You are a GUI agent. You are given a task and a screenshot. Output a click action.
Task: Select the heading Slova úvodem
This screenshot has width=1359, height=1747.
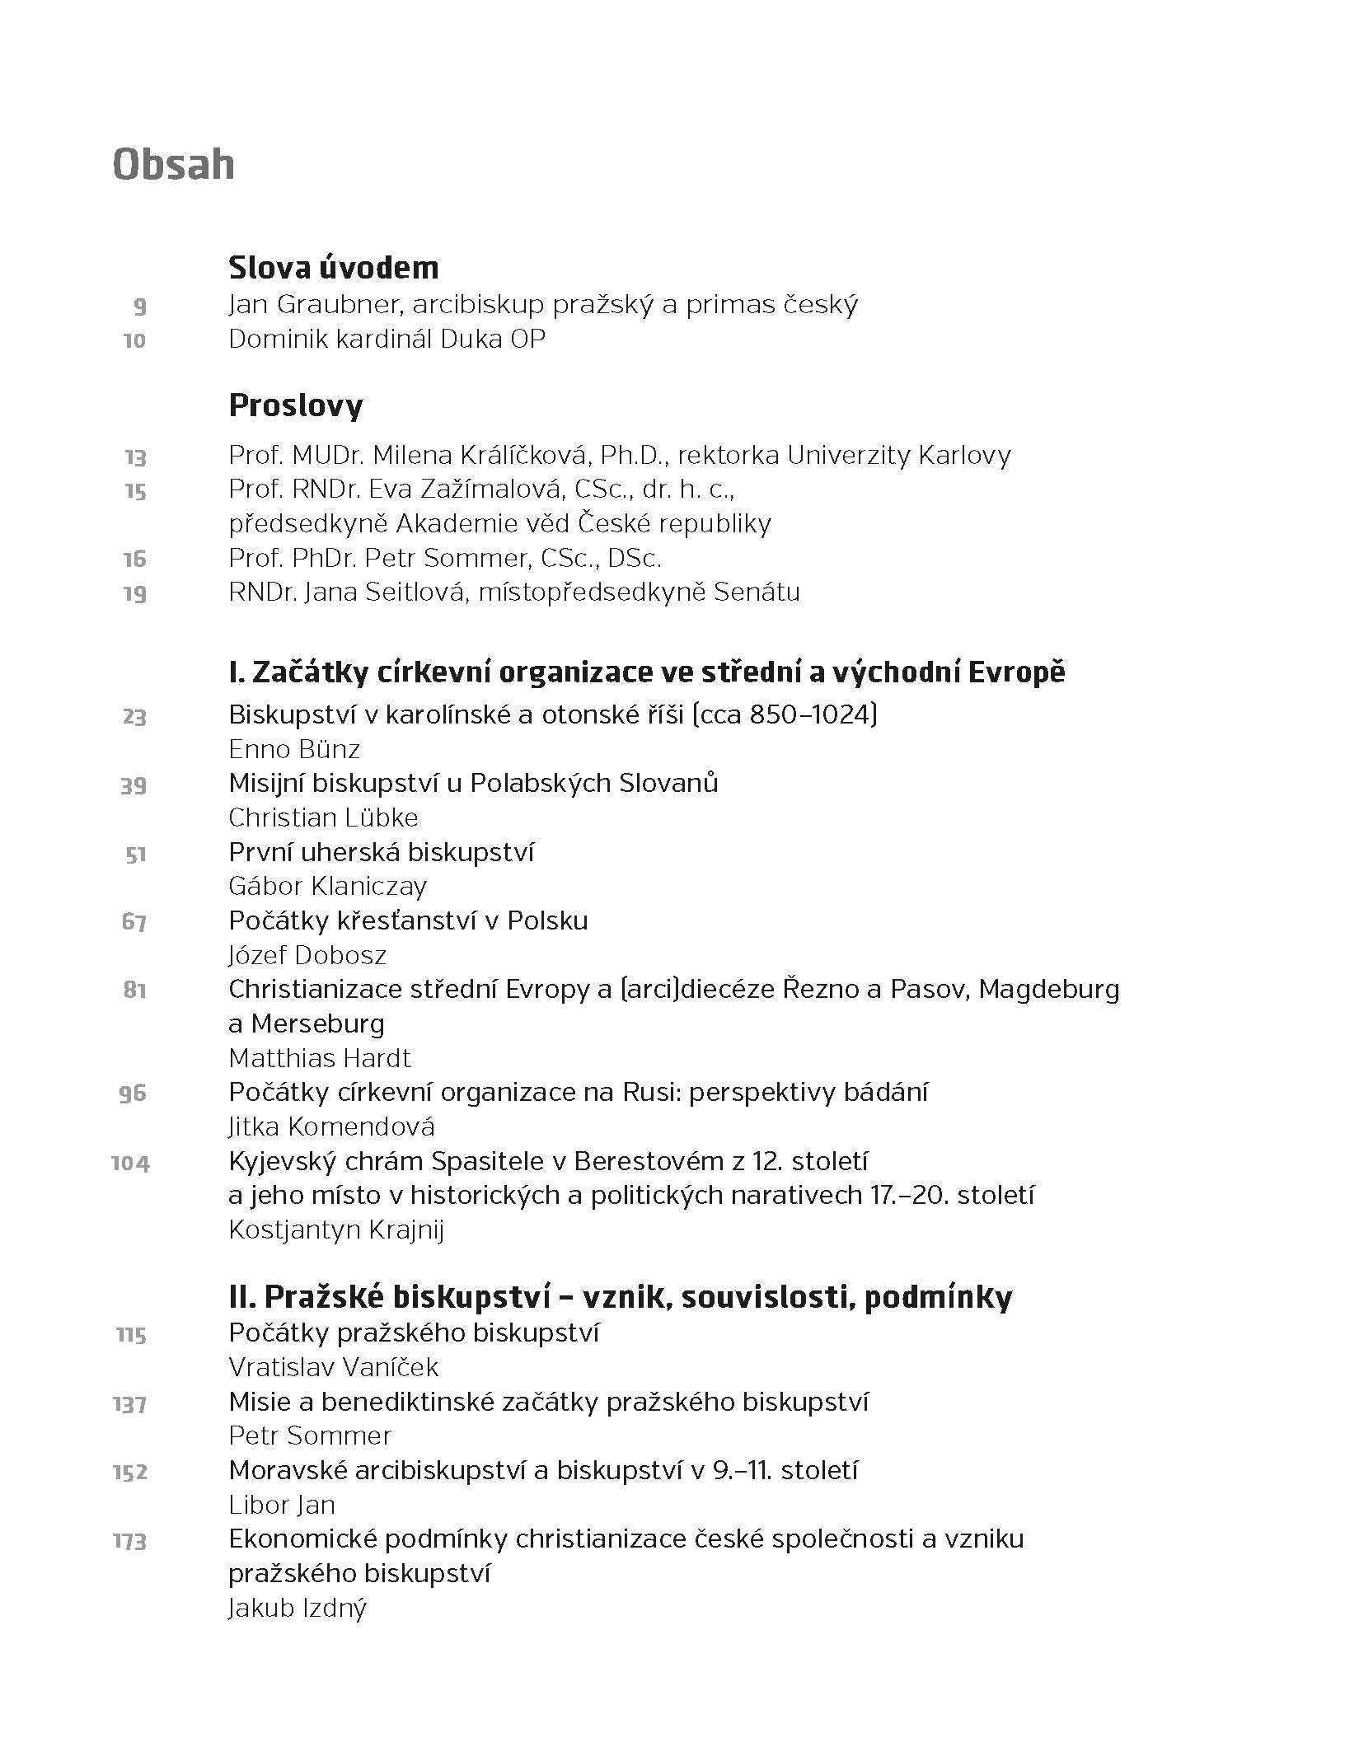pyautogui.click(x=334, y=267)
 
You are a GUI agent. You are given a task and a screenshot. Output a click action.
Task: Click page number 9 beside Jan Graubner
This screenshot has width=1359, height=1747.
pyautogui.click(x=139, y=307)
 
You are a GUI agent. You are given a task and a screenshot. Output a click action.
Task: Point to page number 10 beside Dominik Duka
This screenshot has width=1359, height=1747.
pyautogui.click(x=134, y=340)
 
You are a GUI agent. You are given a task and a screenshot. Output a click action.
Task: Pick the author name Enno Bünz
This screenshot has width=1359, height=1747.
pyautogui.click(x=294, y=749)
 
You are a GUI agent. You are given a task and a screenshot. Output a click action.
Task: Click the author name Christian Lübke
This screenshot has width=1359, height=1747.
pyautogui.click(x=323, y=817)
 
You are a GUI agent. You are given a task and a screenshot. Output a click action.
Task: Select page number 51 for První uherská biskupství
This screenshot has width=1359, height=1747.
pyautogui.click(x=135, y=855)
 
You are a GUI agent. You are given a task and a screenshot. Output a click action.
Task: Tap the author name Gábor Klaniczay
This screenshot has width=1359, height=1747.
pyautogui.click(x=327, y=886)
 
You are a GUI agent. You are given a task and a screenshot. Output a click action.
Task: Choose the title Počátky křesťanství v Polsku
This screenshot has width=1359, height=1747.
pyautogui.click(x=408, y=920)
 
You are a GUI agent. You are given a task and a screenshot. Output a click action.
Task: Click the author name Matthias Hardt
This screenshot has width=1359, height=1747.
pyautogui.click(x=319, y=1058)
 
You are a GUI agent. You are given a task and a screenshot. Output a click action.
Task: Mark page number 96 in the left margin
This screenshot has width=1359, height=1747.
pyautogui.click(x=134, y=1094)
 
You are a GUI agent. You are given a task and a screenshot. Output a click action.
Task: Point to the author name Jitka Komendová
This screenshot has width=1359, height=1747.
pyautogui.click(x=331, y=1126)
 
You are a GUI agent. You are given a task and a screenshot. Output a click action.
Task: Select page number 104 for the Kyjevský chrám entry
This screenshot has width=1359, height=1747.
pyautogui.click(x=130, y=1164)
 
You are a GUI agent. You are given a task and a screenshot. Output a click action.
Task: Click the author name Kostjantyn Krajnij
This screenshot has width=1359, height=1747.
pyautogui.click(x=336, y=1229)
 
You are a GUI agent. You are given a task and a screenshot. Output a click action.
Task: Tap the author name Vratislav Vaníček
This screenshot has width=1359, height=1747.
pyautogui.click(x=333, y=1367)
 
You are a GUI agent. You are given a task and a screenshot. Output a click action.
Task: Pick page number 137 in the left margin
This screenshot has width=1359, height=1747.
pyautogui.click(x=129, y=1404)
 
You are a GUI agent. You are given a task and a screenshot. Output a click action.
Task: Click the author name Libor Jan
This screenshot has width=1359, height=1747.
pyautogui.click(x=282, y=1505)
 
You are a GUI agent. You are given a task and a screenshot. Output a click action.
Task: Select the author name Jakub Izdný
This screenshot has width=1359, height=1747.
pyautogui.click(x=298, y=1608)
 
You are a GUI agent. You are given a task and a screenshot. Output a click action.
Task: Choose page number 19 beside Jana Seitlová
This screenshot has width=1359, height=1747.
pyautogui.click(x=134, y=593)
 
